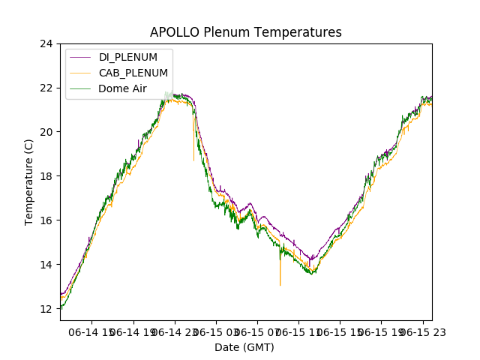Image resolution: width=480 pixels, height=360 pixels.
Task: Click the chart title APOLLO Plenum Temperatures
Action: (245, 32)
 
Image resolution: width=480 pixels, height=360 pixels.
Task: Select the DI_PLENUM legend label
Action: (128, 57)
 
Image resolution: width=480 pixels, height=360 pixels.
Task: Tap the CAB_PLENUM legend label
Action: (133, 73)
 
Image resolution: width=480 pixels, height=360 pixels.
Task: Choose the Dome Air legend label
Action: (123, 88)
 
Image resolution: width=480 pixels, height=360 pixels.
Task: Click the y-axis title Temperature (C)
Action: (29, 181)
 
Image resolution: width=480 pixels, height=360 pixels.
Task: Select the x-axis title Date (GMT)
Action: (244, 347)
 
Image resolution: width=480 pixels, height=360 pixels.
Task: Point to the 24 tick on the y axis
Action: (46, 43)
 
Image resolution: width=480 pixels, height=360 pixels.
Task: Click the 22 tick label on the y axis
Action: (46, 88)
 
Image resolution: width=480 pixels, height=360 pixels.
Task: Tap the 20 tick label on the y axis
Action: (46, 132)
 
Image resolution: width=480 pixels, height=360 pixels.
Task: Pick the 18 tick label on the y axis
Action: (46, 176)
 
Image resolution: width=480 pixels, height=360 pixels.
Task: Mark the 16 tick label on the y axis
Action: (46, 220)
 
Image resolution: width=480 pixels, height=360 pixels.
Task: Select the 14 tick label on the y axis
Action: (46, 265)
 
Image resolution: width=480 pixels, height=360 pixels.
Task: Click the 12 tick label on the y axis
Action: (46, 309)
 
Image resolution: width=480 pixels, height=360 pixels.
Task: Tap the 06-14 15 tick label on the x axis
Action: (91, 331)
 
